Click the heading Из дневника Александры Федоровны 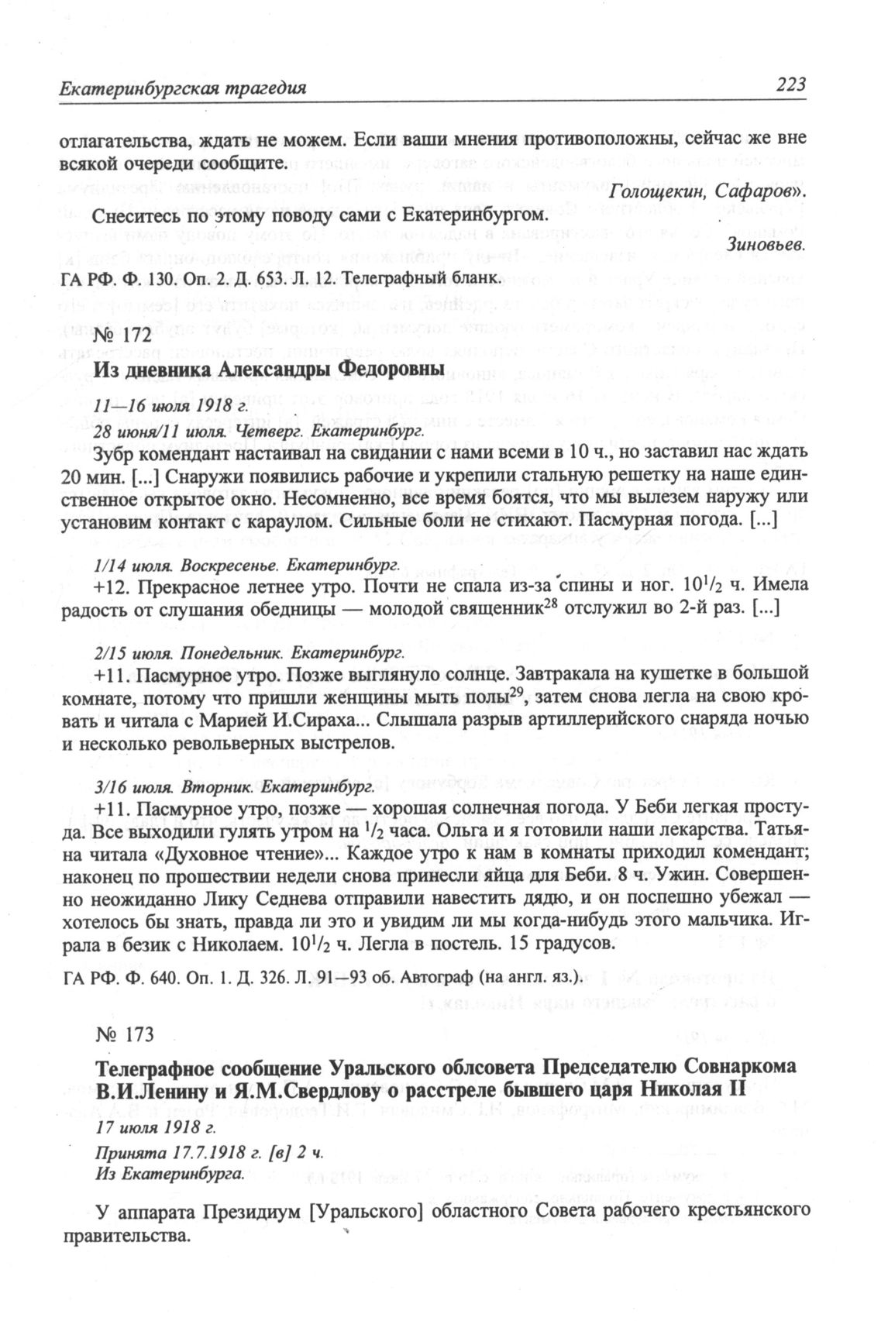coord(269,370)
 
